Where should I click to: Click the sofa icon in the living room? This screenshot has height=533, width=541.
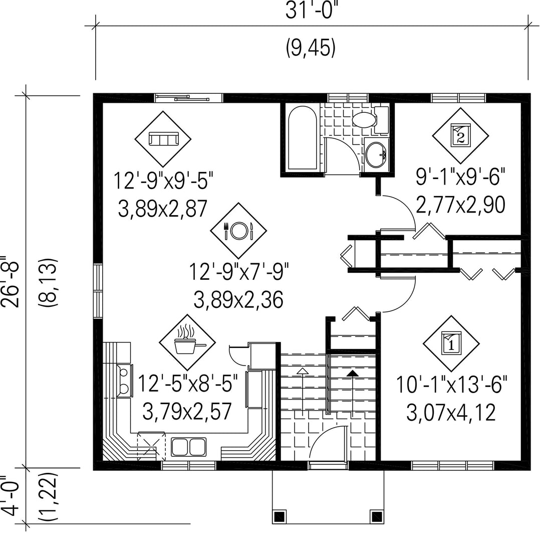point(163,139)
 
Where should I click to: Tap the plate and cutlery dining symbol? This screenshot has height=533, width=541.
point(239,231)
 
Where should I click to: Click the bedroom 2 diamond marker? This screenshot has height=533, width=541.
point(460,136)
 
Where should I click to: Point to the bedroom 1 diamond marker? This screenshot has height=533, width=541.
point(451,343)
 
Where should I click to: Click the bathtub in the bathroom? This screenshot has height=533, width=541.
point(303,138)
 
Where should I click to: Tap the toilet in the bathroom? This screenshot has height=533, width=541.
point(371,119)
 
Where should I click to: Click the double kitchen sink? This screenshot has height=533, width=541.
point(189,447)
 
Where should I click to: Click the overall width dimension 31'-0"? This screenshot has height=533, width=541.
point(311,11)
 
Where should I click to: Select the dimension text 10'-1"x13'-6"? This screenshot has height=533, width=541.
point(452,385)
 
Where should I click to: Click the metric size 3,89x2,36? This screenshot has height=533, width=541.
point(238,299)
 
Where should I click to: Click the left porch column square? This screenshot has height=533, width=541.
point(279,516)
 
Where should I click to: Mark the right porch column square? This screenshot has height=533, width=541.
point(377,516)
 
